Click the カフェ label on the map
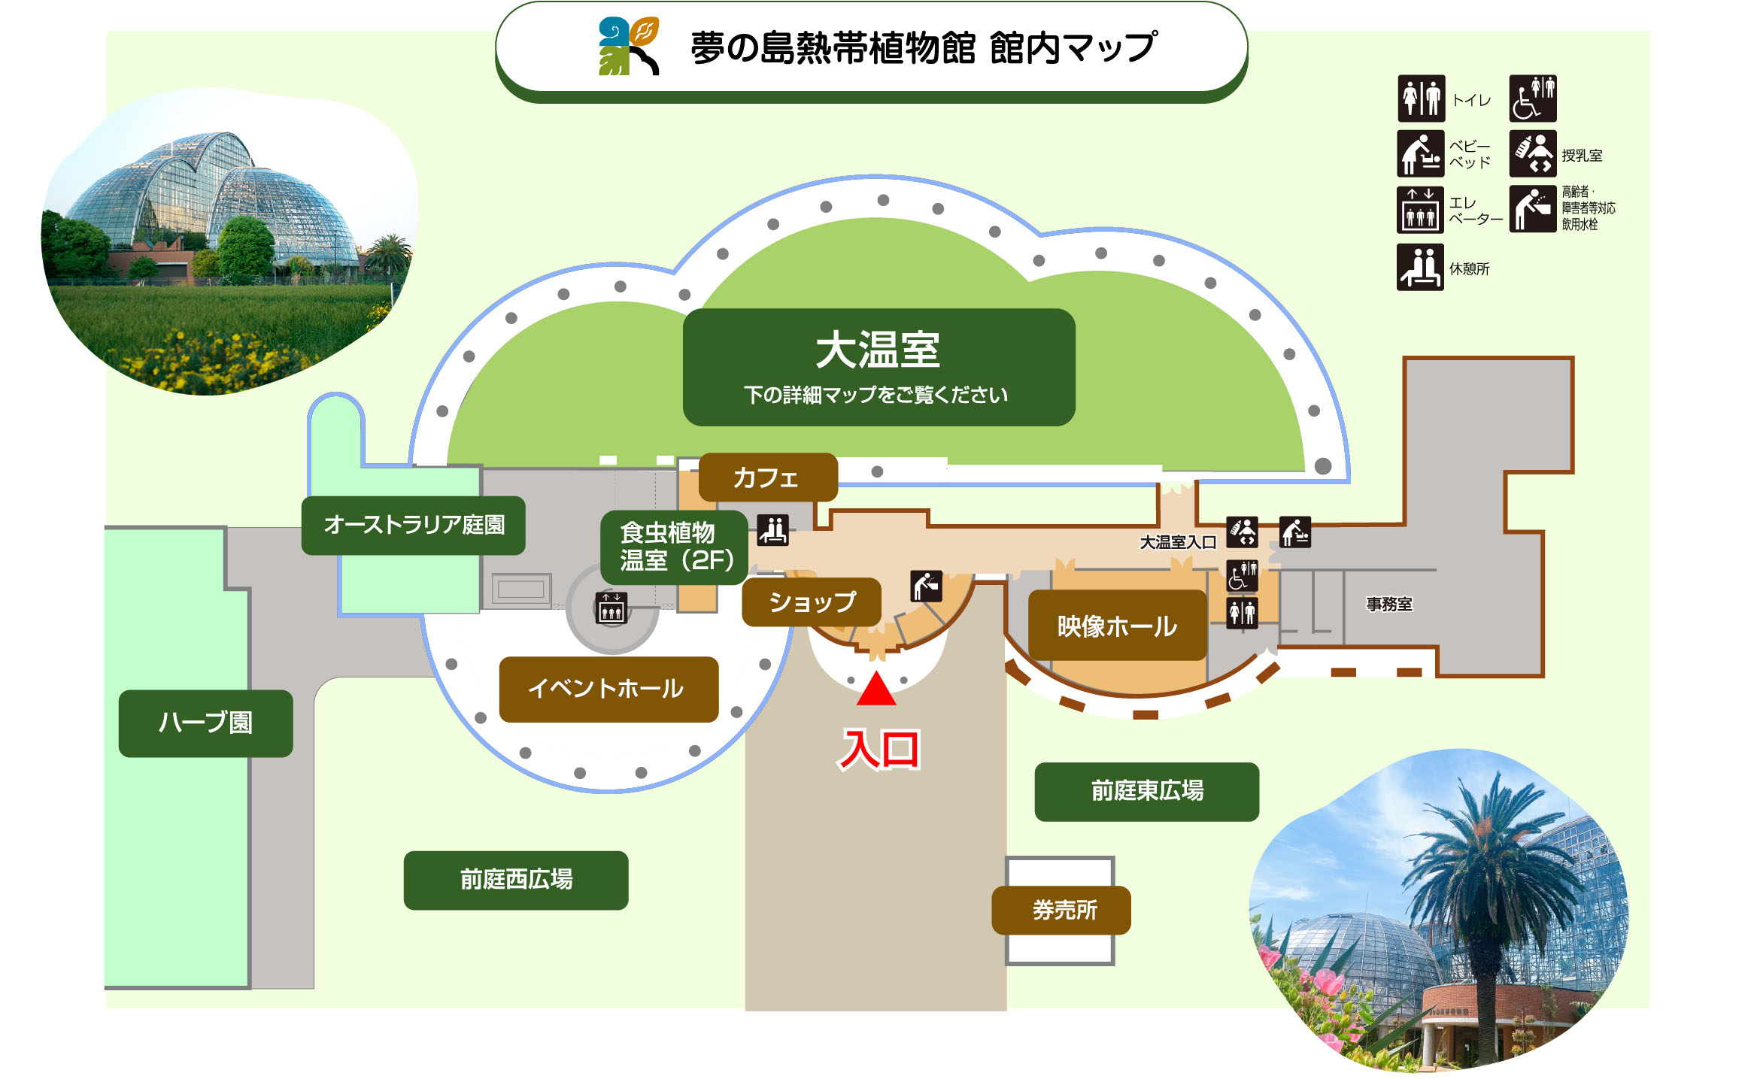click(767, 477)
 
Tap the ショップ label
click(811, 602)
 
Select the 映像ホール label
click(1117, 626)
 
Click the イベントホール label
click(608, 689)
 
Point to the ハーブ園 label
click(205, 723)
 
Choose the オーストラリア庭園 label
click(413, 525)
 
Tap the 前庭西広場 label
click(516, 880)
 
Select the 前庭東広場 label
click(1146, 791)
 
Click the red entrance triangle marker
click(876, 691)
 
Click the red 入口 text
click(879, 750)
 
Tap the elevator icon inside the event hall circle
click(611, 608)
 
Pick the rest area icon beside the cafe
click(772, 529)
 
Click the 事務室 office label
click(1388, 604)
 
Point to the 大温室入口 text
click(1177, 542)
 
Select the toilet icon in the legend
click(1421, 99)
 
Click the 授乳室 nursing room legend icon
click(1532, 154)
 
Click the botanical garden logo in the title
click(629, 47)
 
